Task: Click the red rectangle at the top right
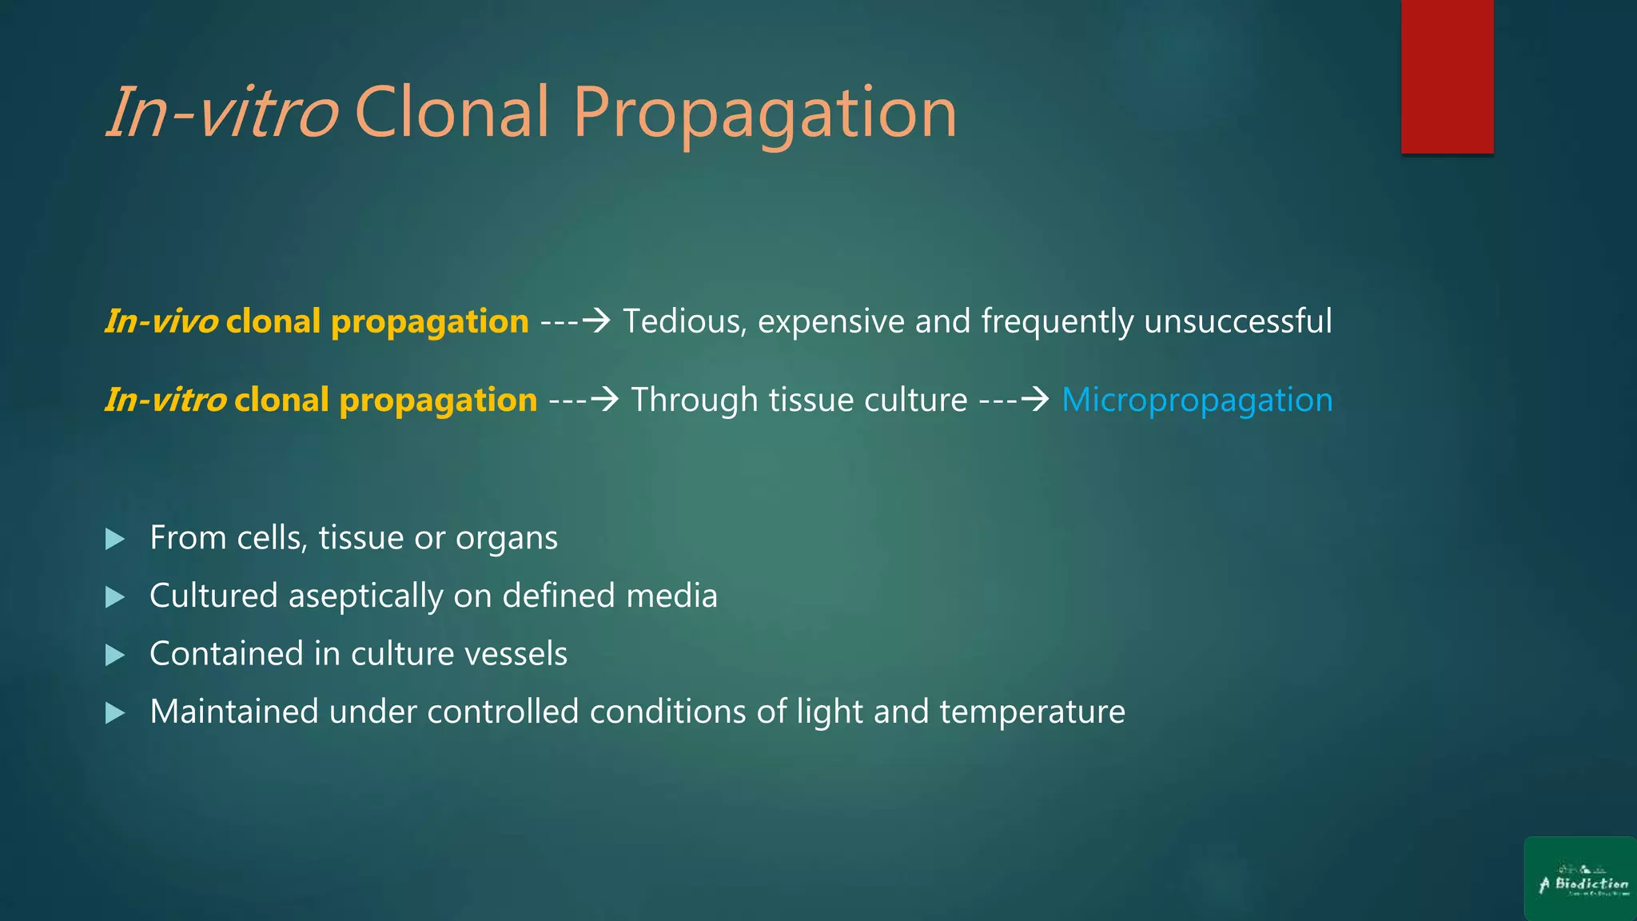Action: click(1447, 76)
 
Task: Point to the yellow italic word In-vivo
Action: click(161, 321)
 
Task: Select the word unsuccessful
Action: click(1237, 321)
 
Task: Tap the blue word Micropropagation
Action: click(1197, 400)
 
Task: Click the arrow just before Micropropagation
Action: click(1036, 398)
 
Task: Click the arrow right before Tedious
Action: click(596, 320)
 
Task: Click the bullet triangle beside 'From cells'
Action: click(115, 539)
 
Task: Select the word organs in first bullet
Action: click(506, 539)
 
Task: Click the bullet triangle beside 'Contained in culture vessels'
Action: click(115, 656)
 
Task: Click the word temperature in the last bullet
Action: click(1032, 712)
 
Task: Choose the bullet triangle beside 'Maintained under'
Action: click(115, 713)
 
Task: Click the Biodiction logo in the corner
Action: click(1580, 879)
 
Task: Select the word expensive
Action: click(830, 321)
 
